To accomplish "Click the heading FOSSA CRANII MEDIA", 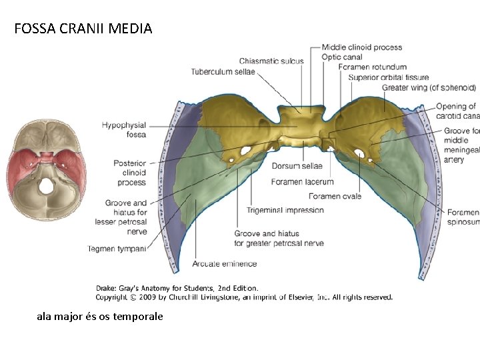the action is (83, 29).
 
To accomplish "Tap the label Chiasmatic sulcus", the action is (271, 61).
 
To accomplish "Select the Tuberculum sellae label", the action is (223, 72).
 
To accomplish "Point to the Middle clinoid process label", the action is (362, 47).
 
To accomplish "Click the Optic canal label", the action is (341, 57).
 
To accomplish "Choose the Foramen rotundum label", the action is (372, 67).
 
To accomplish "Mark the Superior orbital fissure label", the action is (388, 77).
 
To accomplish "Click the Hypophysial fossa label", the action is (125, 130).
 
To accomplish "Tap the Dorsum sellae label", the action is (297, 165).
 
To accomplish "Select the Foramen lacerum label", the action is (303, 181).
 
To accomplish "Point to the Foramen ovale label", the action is (335, 196).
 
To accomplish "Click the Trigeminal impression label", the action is (285, 210).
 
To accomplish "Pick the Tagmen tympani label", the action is (117, 249).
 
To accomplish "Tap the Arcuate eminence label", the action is (225, 264).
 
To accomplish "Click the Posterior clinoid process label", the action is (130, 173).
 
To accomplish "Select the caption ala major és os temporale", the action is (100, 317).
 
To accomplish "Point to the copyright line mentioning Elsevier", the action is (245, 297).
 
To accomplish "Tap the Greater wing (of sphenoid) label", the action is (429, 87).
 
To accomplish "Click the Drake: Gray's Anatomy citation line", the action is (177, 288).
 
